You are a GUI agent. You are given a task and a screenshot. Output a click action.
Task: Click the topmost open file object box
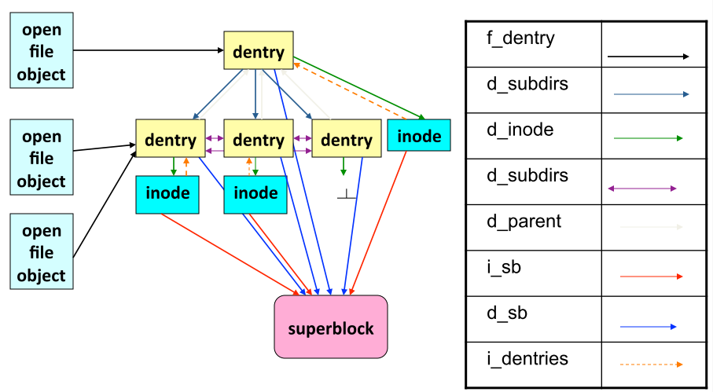(x=42, y=53)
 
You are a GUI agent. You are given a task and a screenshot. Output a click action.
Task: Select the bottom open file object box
(x=42, y=253)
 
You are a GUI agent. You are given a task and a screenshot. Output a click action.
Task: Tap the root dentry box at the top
(x=258, y=53)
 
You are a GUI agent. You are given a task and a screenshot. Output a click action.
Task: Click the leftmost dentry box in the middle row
(x=170, y=141)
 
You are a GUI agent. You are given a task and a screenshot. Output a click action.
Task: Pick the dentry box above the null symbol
(x=346, y=141)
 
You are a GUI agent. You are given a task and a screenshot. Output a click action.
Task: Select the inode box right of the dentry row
(x=419, y=136)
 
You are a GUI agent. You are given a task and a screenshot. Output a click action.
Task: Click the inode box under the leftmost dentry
(x=167, y=193)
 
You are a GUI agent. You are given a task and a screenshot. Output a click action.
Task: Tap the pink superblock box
(x=330, y=327)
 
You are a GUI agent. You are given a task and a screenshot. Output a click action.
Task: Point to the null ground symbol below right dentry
(x=347, y=194)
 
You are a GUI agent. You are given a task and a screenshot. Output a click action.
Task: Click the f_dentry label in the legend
(x=521, y=38)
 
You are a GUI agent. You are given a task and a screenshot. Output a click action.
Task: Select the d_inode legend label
(x=520, y=130)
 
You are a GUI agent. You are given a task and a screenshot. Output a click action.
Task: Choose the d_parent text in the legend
(x=524, y=222)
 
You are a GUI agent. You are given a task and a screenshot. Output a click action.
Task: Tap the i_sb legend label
(x=504, y=268)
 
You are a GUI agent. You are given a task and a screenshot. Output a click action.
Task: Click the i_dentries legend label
(x=527, y=359)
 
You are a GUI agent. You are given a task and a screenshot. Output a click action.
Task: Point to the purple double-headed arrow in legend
(x=642, y=189)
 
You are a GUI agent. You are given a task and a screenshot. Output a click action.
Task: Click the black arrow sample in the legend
(x=648, y=57)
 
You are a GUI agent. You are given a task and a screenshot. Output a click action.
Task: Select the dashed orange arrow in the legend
(x=651, y=365)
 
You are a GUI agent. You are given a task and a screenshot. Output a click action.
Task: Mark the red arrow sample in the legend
(x=651, y=277)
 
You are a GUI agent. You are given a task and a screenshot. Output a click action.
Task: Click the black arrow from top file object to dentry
(x=149, y=50)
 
